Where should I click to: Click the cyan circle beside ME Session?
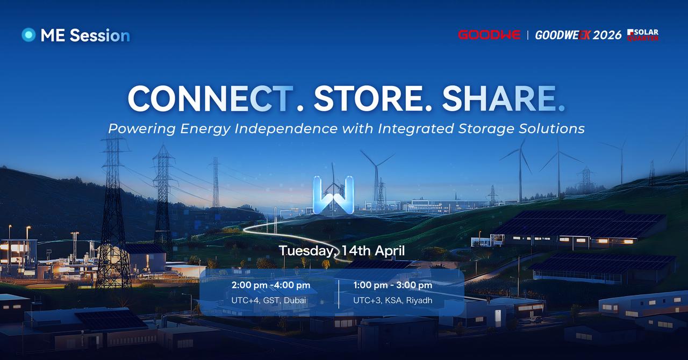28,35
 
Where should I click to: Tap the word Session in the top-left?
100,35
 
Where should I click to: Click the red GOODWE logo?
489,35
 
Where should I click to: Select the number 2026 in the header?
607,35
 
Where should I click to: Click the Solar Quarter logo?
642,35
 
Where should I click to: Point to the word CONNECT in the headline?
210,98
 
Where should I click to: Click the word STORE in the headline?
368,98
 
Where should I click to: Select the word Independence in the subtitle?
286,129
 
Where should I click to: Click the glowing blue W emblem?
333,195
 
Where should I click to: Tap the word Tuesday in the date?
306,251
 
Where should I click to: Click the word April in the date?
390,251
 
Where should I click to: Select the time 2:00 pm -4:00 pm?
271,285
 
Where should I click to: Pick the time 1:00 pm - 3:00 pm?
392,285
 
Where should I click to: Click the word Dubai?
295,300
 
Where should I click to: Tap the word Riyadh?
419,300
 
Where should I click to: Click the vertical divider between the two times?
339,294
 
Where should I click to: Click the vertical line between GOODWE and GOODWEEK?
528,35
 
